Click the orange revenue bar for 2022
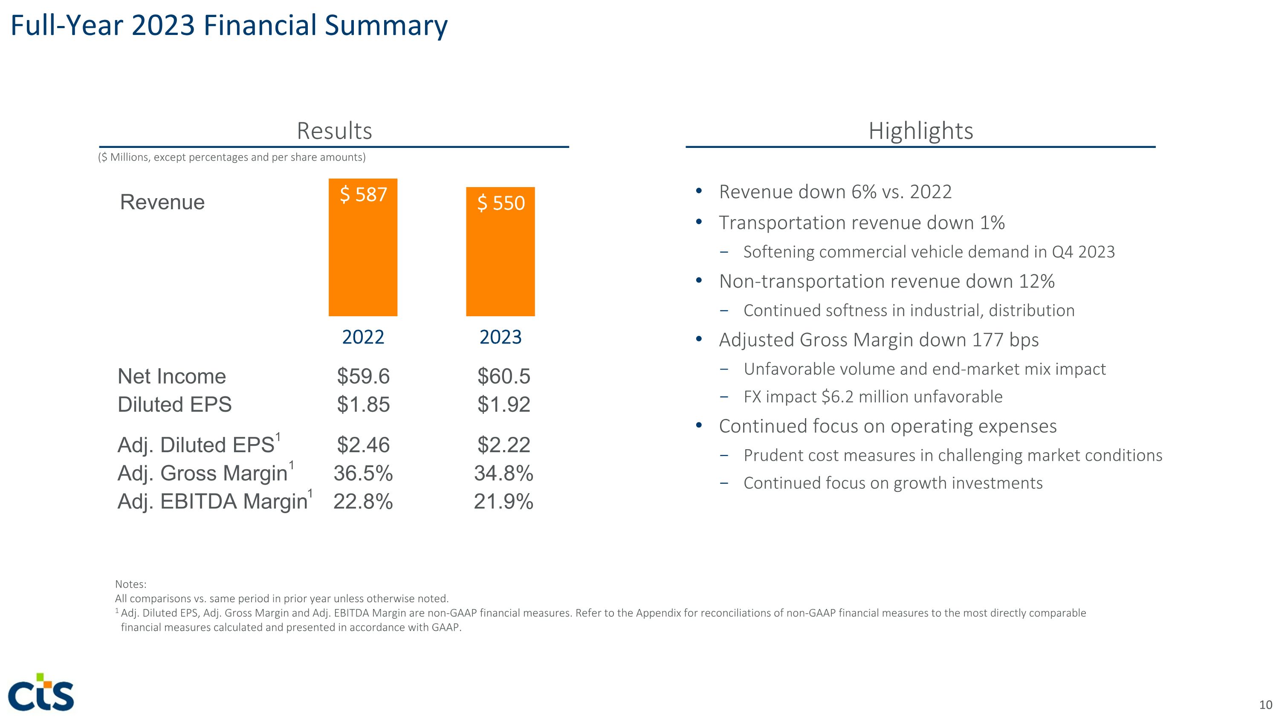[x=363, y=258]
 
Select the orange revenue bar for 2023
[x=500, y=263]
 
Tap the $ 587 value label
[x=363, y=194]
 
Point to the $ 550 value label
[x=501, y=203]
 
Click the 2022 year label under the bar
[x=363, y=338]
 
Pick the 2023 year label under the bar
[x=501, y=338]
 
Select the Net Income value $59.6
[x=363, y=376]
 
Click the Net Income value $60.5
[x=503, y=376]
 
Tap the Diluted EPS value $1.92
[x=503, y=404]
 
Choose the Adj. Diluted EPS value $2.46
[x=363, y=445]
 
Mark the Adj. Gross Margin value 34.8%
[x=503, y=473]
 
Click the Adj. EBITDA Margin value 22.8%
[x=363, y=501]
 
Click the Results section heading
[x=334, y=131]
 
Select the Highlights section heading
[x=920, y=131]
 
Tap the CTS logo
[x=41, y=692]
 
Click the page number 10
[x=1265, y=705]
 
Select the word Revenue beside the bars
[x=162, y=202]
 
